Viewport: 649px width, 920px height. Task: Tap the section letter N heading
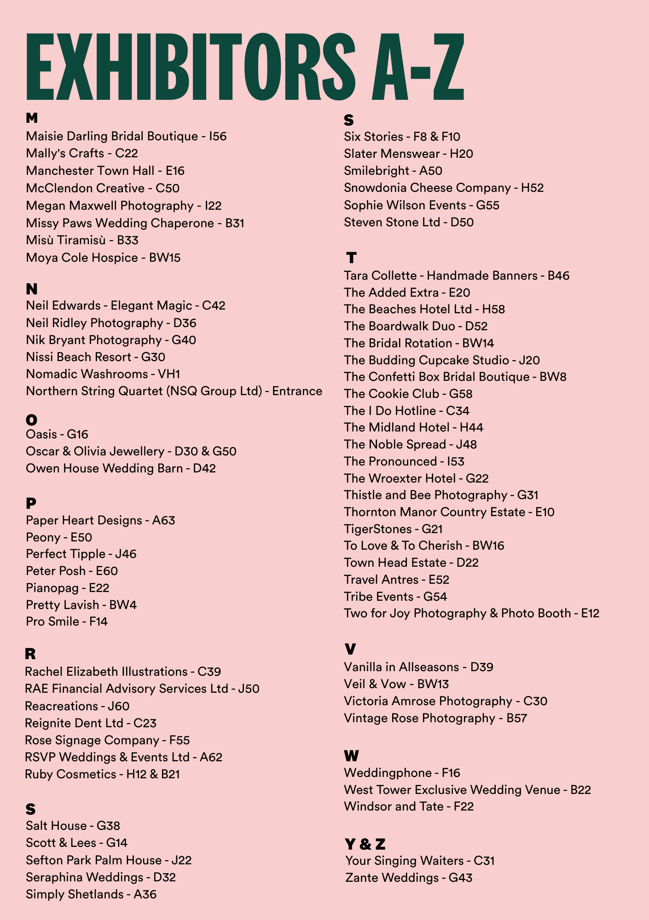coord(32,289)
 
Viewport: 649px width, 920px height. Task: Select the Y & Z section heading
coord(365,844)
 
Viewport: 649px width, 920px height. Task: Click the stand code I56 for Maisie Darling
coord(218,136)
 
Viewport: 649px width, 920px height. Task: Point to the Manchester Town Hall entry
coord(105,171)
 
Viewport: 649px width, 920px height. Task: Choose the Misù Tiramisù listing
coord(82,240)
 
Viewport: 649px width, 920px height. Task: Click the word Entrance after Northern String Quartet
coord(297,391)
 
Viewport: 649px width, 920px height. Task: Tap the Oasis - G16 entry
coord(57,434)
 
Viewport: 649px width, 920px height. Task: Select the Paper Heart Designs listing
coord(100,520)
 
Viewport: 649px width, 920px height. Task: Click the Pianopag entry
coord(67,588)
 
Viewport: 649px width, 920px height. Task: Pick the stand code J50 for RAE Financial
coord(249,689)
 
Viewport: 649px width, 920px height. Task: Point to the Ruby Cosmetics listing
coord(102,774)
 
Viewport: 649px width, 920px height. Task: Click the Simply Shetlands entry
coord(91,894)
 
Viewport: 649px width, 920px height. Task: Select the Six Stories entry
coord(402,137)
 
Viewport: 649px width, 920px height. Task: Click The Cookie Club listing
coord(408,394)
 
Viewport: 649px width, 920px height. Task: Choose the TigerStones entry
coord(393,529)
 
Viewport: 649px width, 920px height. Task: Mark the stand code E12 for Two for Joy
coord(590,613)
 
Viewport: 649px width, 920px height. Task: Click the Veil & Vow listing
coord(396,684)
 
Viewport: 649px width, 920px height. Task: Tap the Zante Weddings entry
coord(409,878)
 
